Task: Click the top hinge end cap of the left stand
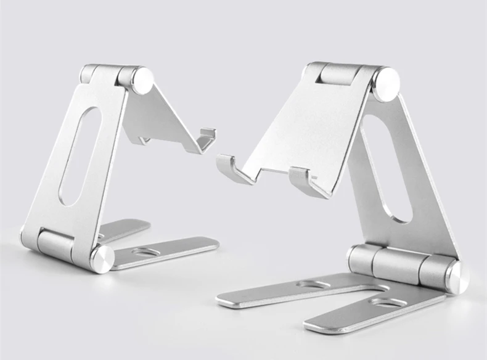(x=142, y=80)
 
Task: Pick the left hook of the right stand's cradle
(x=232, y=168)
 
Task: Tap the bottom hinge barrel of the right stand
(x=395, y=263)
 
